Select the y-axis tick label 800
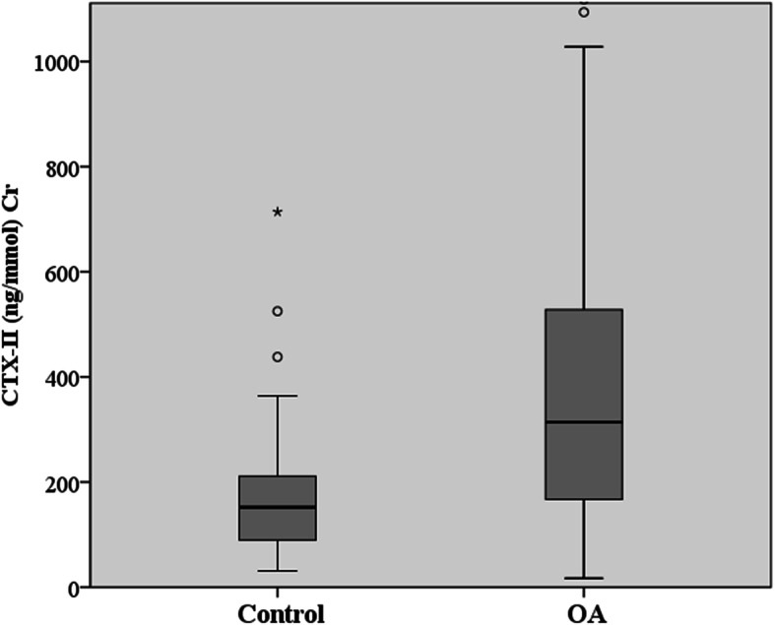coord(62,166)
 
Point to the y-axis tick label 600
coord(62,272)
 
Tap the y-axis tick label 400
coord(62,377)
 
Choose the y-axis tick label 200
coord(62,482)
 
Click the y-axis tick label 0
coord(76,588)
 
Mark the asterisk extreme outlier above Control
coord(278,213)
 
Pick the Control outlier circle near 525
coord(278,311)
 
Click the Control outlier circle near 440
coord(278,356)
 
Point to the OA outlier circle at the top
coord(584,12)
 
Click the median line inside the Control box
coord(278,507)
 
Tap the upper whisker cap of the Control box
coord(278,396)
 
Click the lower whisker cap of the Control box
coord(278,571)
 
